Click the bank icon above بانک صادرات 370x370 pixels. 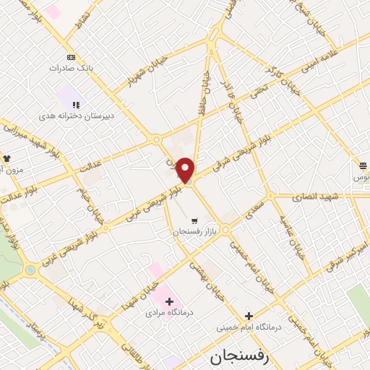(71, 56)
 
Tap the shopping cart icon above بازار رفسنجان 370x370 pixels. (194, 220)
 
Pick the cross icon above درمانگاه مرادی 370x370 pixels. (169, 301)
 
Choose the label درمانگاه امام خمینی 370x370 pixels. (249, 327)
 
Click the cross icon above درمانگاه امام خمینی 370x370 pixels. (249, 316)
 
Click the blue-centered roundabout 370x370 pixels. (30, 270)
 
